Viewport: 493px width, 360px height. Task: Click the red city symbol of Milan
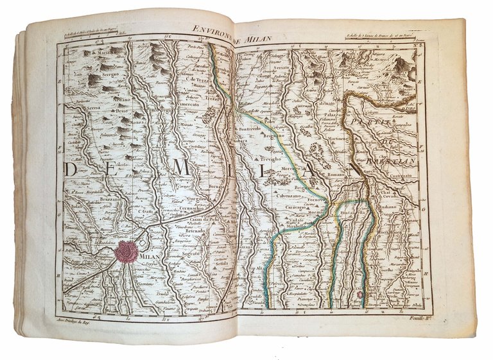[x=128, y=252]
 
